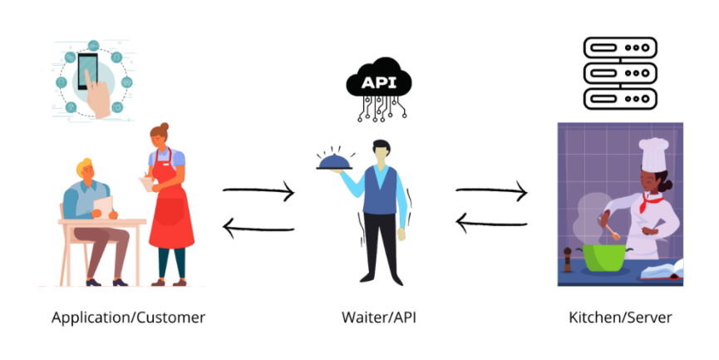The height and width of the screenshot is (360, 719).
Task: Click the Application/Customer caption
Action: point(128,318)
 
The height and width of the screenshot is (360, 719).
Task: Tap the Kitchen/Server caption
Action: point(620,318)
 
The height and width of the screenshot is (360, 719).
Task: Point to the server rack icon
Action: point(620,73)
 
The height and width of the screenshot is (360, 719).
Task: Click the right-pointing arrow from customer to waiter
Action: point(259,193)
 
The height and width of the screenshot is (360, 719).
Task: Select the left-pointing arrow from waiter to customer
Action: point(259,226)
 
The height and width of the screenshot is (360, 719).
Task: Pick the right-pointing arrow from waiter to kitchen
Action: point(491,193)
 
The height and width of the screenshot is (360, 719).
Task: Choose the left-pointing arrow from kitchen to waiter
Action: point(491,221)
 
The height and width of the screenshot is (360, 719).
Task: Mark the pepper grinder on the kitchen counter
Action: point(568,260)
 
